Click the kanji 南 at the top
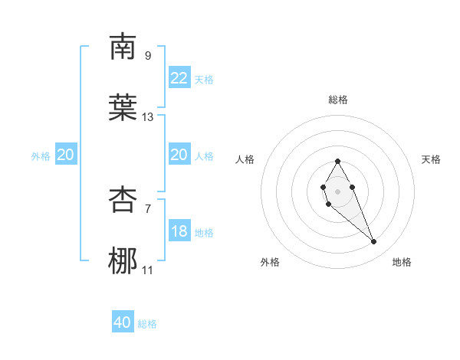pos(123,47)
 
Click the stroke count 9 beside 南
pos(148,55)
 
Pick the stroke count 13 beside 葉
pos(148,117)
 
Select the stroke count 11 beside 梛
pos(148,270)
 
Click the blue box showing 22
pos(179,78)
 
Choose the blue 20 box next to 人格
pos(179,155)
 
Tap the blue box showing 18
pos(179,231)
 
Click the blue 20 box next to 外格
pos(66,155)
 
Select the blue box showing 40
pos(123,322)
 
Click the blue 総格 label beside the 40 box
pos(147,324)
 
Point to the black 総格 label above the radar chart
pos(338,100)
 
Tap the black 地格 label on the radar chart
pos(402,262)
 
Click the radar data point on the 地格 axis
pos(374,242)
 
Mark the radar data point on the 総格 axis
pos(337,161)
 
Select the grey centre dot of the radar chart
pos(337,190)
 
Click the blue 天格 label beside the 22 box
pos(204,80)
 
